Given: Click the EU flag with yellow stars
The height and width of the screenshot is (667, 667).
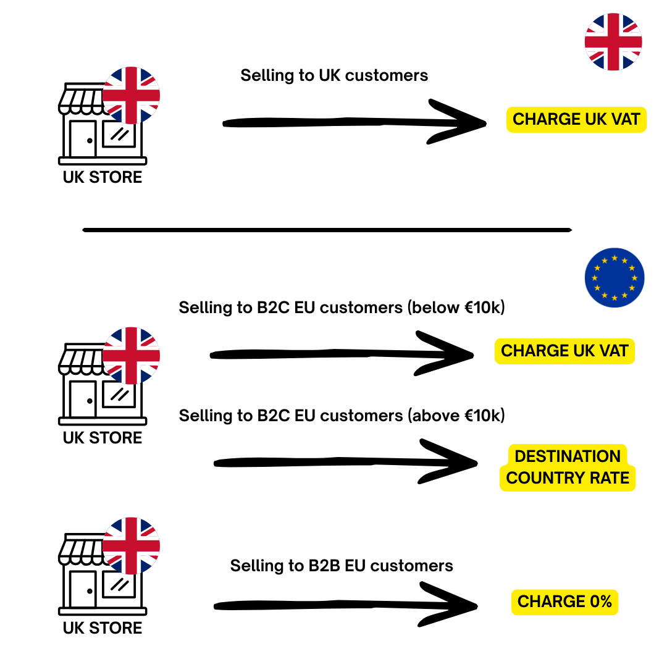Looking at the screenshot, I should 614,278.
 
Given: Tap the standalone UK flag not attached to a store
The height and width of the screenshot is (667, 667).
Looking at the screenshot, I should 613,41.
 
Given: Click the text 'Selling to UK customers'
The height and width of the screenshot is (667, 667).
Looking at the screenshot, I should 334,75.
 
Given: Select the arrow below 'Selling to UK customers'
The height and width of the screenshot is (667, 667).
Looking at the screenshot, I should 352,122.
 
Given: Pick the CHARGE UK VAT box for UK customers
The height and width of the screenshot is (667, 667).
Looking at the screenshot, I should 576,119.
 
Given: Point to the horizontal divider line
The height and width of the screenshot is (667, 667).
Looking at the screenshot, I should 327,230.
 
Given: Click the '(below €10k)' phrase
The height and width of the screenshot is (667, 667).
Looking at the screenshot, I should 456,307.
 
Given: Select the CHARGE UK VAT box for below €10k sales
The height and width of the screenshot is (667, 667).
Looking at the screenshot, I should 564,351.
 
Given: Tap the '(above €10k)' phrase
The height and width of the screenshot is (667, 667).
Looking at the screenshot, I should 456,416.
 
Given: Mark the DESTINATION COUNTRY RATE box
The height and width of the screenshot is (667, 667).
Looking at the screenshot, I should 567,468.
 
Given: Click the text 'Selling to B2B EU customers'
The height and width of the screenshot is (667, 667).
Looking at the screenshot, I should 342,566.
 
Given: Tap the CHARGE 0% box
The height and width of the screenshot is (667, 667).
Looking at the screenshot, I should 564,602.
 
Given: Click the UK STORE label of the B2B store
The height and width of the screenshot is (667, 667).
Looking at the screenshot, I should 103,628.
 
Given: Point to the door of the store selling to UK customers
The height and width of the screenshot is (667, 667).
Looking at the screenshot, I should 82,138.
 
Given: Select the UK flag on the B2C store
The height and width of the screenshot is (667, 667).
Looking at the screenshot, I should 131,356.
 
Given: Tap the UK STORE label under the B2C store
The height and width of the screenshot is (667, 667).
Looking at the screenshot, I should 103,438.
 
